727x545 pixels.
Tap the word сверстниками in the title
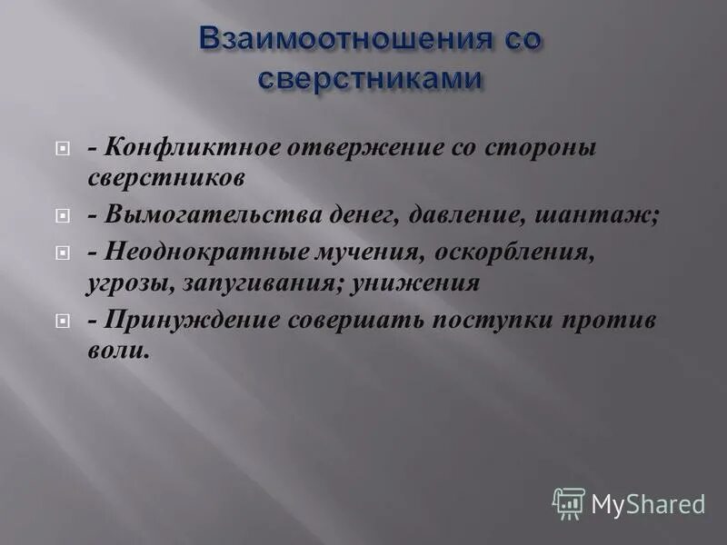tap(368, 78)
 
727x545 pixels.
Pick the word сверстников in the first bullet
tap(165, 177)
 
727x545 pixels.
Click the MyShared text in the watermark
tap(648, 503)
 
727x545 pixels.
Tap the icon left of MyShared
tap(569, 502)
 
